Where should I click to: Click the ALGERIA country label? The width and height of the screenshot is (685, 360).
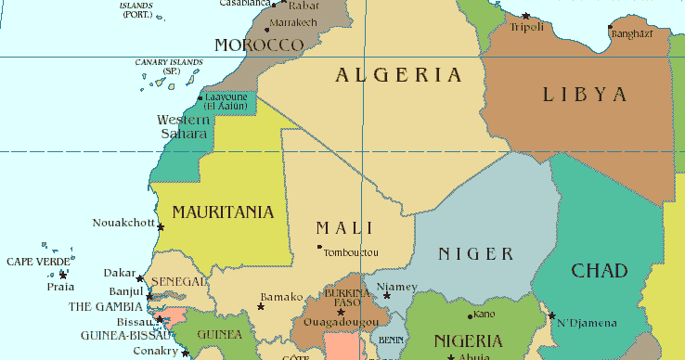click(x=398, y=76)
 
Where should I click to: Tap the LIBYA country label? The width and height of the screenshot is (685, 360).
click(x=586, y=94)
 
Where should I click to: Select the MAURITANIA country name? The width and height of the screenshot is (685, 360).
click(x=223, y=212)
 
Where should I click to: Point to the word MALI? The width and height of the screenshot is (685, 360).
click(x=344, y=228)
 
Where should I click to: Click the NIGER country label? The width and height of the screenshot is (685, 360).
click(x=475, y=254)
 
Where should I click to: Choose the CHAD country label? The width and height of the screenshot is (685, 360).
click(x=599, y=271)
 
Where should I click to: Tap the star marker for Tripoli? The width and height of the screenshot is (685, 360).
click(x=525, y=16)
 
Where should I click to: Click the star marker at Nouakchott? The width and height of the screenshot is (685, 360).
click(x=161, y=226)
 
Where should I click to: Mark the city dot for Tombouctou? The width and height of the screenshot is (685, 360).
click(x=319, y=247)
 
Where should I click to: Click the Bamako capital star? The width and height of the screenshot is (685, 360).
click(x=260, y=306)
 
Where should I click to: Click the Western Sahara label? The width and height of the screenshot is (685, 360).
click(x=183, y=127)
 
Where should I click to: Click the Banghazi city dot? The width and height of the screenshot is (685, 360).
click(x=610, y=27)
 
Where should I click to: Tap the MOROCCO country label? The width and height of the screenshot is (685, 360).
click(x=259, y=45)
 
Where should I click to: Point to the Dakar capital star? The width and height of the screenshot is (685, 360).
click(x=140, y=278)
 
